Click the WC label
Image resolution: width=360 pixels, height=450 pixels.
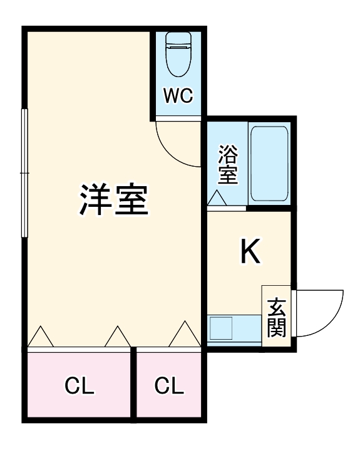[x=178, y=96]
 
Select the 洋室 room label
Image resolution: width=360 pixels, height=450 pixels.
[x=113, y=199]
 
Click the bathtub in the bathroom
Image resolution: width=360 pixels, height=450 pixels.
[x=269, y=164]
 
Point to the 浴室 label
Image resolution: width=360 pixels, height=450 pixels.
[x=228, y=165]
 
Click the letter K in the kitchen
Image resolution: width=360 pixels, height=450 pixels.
[x=250, y=253]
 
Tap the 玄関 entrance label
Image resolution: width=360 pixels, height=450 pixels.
[x=276, y=316]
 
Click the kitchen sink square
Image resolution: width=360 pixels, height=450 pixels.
[x=220, y=328]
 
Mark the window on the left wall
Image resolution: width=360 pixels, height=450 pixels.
[x=24, y=172]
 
